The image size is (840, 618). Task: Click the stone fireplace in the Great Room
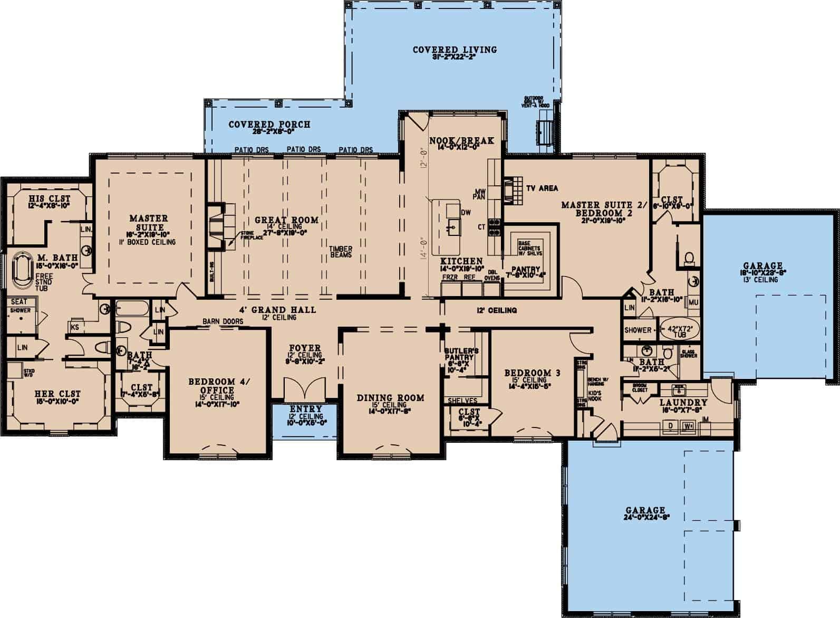[218, 227]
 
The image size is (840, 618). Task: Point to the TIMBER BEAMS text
[341, 252]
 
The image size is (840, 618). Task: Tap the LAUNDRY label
[683, 403]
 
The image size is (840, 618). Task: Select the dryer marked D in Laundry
[671, 425]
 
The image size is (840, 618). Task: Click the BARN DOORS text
[223, 321]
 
